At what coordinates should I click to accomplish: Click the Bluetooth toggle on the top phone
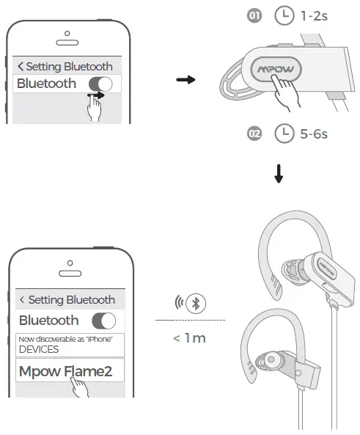click(100, 84)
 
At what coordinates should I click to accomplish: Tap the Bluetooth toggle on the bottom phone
click(103, 321)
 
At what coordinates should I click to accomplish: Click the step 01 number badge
click(254, 15)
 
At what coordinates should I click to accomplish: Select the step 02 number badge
click(254, 134)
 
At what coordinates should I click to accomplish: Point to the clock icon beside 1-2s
click(284, 15)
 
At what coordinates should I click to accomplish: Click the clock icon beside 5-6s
click(284, 134)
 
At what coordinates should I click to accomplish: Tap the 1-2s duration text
click(314, 16)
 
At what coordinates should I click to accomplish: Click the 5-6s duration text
click(314, 134)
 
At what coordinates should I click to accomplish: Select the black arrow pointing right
click(185, 80)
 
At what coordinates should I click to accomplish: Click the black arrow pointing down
click(279, 174)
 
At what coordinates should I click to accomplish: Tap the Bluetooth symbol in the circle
click(196, 303)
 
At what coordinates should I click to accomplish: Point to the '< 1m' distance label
click(190, 338)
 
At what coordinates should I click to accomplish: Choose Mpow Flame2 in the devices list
click(65, 371)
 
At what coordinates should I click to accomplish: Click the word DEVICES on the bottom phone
click(39, 349)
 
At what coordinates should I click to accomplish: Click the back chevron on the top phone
click(21, 66)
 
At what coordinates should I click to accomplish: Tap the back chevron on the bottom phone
click(22, 299)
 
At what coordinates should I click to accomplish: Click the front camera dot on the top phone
click(67, 34)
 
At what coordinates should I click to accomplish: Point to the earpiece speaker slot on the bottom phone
click(70, 274)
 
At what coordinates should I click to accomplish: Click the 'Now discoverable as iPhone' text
click(65, 339)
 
